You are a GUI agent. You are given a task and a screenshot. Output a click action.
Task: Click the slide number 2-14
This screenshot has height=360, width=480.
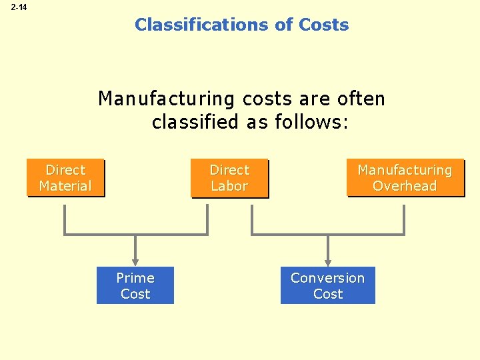coord(19,7)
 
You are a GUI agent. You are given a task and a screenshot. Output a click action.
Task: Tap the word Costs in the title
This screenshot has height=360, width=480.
coord(324,25)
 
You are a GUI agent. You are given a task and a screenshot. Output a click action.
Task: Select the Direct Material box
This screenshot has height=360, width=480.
coord(65,178)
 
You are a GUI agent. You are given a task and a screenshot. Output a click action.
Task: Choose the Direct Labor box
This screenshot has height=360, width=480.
coord(229,178)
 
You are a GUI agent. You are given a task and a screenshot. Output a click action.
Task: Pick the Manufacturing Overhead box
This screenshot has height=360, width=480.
coord(405,178)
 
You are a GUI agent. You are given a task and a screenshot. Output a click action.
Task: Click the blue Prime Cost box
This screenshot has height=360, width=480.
coord(135,285)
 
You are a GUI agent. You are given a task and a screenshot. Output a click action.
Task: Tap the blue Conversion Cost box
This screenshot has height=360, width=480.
coord(327,285)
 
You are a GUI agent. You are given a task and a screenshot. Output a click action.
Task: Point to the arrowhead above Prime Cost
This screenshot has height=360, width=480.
coord(135,261)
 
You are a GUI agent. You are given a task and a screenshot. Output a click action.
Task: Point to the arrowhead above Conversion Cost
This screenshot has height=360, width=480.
coord(327,261)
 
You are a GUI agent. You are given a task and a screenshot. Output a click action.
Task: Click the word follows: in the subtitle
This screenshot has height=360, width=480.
coord(311,123)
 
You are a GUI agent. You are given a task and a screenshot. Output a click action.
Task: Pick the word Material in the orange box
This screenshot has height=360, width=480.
coord(65,186)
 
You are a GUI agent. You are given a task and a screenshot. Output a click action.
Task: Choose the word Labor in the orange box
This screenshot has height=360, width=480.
coord(229,186)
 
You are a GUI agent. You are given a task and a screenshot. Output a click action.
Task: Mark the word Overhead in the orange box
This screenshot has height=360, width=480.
coord(405,186)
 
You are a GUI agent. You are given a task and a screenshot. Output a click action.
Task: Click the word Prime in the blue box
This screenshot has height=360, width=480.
coord(135,278)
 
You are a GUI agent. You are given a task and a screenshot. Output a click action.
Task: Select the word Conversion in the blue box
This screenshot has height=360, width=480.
coord(327,278)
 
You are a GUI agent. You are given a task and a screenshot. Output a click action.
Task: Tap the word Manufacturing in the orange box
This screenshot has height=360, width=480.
coord(405,170)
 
